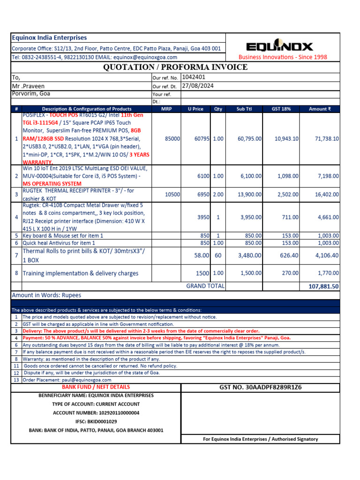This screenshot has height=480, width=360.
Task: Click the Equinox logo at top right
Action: coord(279,46)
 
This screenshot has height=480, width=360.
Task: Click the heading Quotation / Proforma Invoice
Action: coord(175,67)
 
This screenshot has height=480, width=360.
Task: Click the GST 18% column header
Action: coord(282,109)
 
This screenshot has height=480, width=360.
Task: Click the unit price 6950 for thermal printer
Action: coord(202,194)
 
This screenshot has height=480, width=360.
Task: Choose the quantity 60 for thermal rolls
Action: coord(217,255)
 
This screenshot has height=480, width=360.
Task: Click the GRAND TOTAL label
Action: coord(205,286)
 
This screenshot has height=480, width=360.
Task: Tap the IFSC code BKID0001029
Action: coord(96,421)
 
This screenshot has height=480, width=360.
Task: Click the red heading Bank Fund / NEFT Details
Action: coord(96,387)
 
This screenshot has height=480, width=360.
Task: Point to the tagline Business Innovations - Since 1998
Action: coord(283,57)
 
